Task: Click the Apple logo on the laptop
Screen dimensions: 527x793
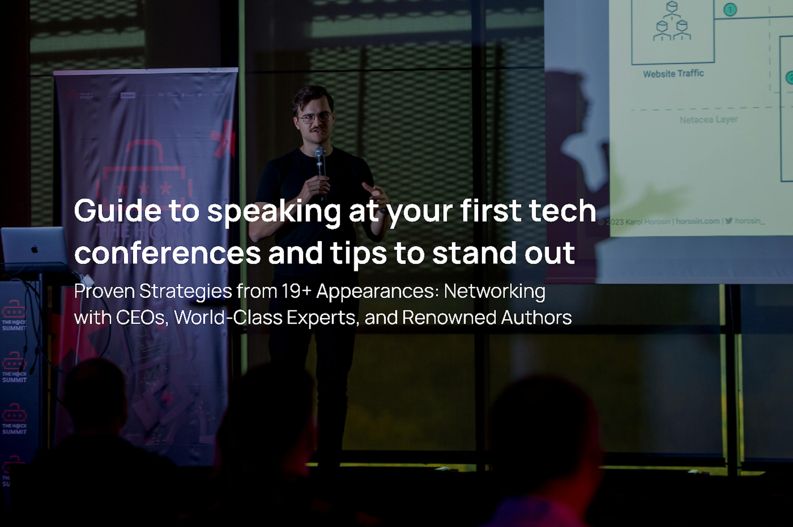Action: pyautogui.click(x=34, y=249)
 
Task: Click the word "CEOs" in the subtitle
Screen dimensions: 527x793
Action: pyautogui.click(x=142, y=317)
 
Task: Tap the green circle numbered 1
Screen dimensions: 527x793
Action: pyautogui.click(x=730, y=10)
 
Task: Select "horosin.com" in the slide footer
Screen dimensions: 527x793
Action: pyautogui.click(x=698, y=221)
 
